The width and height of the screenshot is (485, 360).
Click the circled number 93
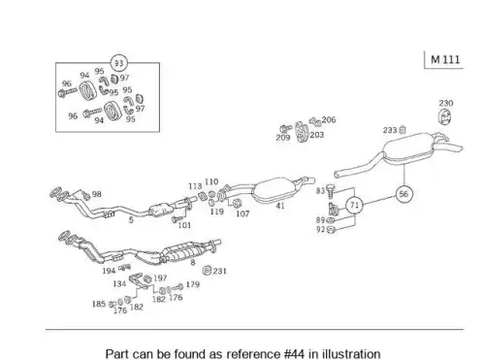[119, 63]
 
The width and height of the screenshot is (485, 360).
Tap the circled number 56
[404, 194]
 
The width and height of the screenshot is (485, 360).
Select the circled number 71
[355, 205]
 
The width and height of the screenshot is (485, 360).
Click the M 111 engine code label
[445, 59]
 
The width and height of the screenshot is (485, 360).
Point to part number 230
[446, 103]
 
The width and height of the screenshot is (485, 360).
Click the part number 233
[390, 130]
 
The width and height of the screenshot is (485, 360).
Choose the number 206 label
[329, 119]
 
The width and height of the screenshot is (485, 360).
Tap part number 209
[283, 138]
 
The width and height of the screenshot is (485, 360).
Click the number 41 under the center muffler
[280, 206]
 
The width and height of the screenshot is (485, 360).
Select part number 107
[242, 213]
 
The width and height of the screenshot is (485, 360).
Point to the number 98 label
[97, 194]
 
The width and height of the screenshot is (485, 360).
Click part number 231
[219, 271]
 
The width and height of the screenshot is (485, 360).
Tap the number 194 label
[109, 271]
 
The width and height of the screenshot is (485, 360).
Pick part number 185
[99, 304]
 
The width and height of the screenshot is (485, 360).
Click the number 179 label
[193, 284]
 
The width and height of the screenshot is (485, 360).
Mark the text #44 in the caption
[294, 354]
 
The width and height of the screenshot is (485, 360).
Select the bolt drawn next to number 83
[331, 191]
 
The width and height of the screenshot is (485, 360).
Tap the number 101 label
[184, 225]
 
